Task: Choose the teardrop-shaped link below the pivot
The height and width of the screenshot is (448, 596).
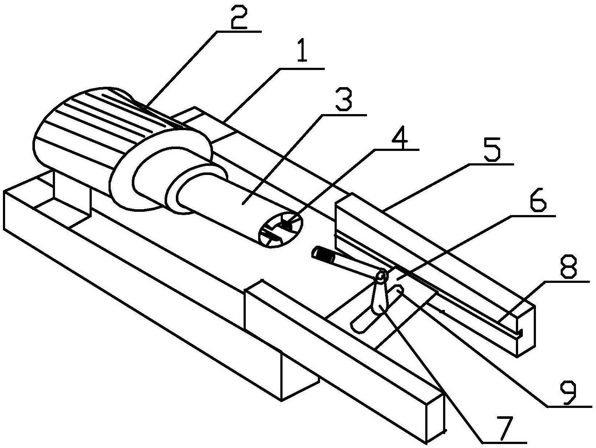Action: click(x=380, y=298)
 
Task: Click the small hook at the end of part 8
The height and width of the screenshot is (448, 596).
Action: click(x=520, y=333)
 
